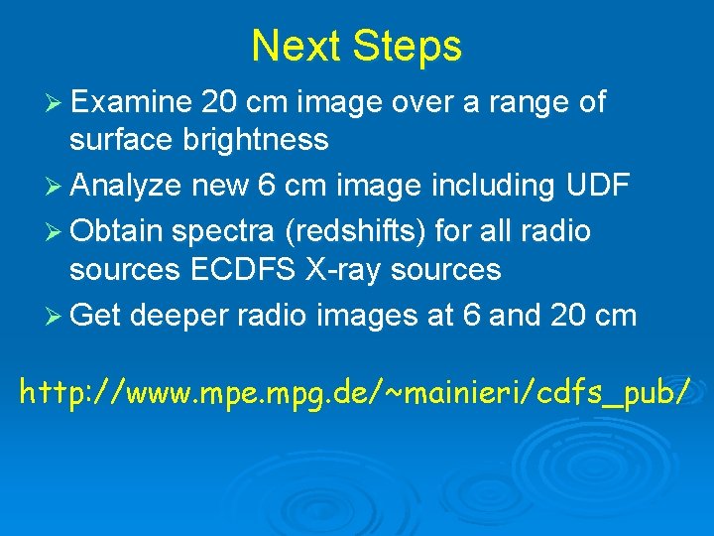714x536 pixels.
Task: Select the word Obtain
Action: [x=116, y=231]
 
